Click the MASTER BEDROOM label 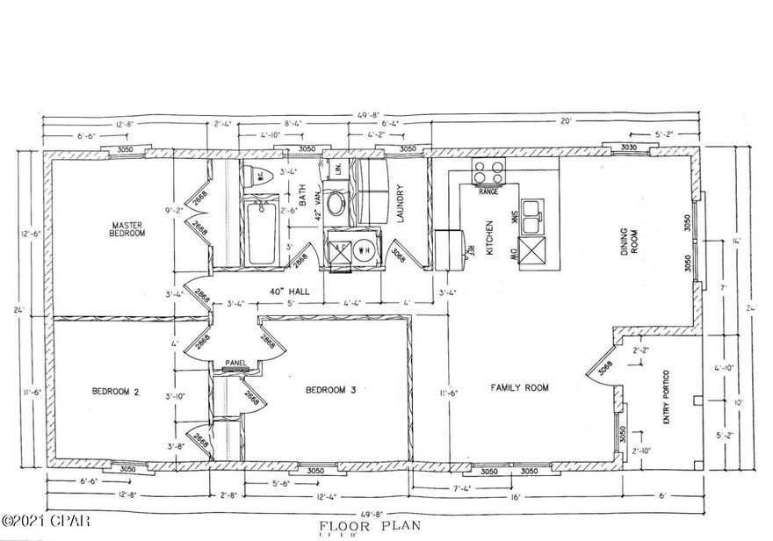126,228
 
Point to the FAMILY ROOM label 519,386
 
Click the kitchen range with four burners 489,172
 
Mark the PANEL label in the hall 235,362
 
